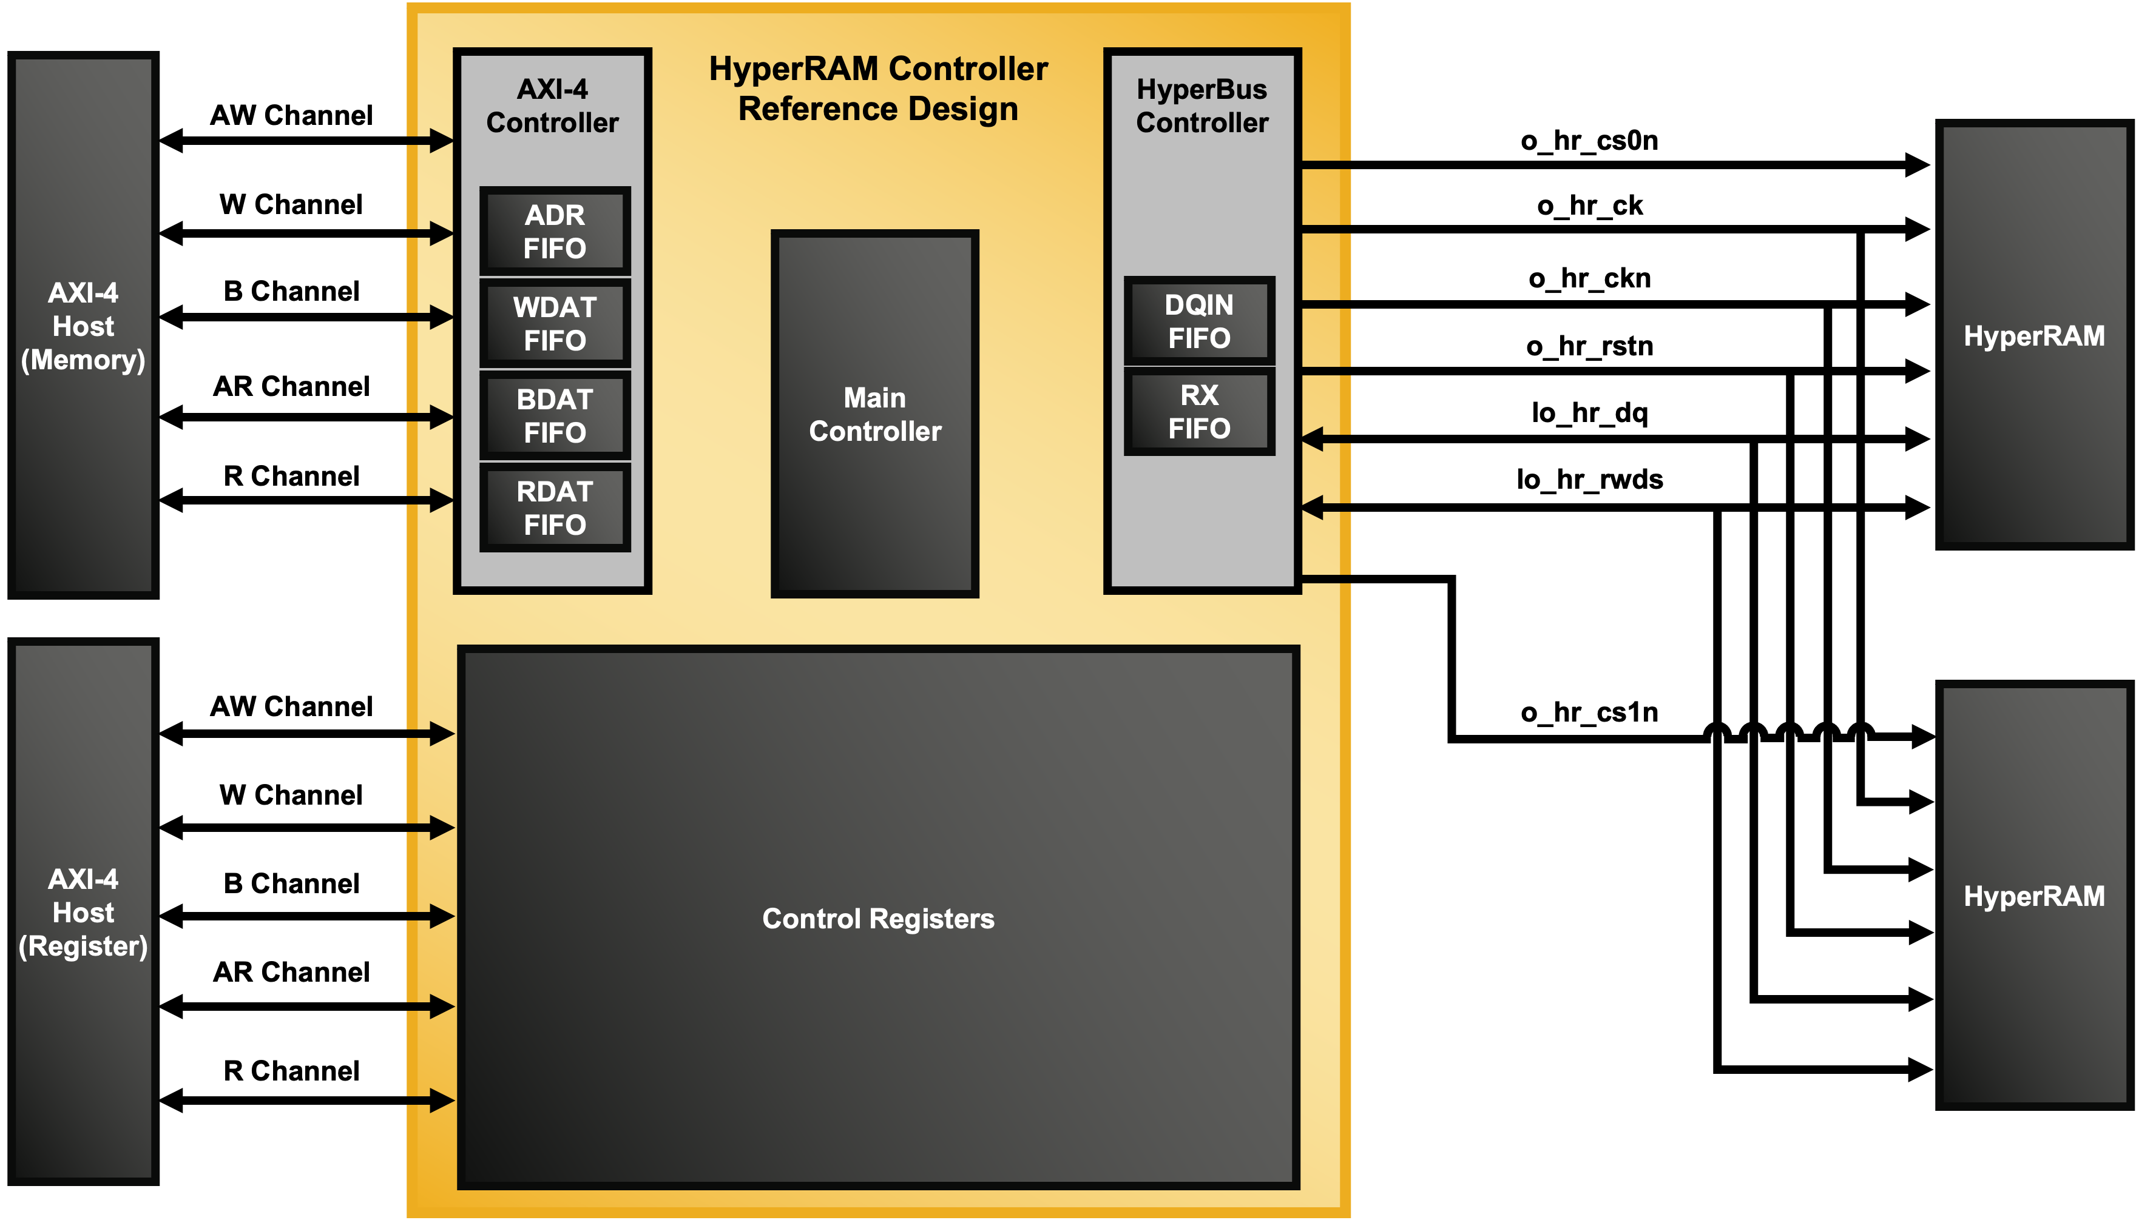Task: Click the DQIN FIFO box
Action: click(1199, 321)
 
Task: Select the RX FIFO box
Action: click(1199, 411)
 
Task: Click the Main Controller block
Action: click(874, 414)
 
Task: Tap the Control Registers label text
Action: click(877, 919)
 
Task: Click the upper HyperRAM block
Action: click(2033, 335)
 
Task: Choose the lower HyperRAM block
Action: click(2033, 896)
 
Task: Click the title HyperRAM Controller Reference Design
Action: click(877, 89)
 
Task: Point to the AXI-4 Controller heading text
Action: click(552, 106)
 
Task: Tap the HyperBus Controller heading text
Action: click(1201, 106)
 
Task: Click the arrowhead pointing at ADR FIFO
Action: click(441, 233)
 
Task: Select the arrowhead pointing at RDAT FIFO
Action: click(441, 500)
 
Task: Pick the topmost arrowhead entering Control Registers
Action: click(441, 733)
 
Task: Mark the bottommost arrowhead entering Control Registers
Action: click(441, 1100)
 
